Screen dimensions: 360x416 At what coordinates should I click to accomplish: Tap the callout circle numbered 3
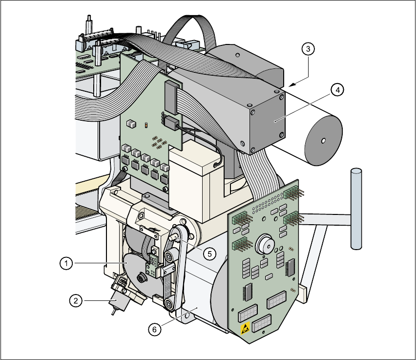coord(307,49)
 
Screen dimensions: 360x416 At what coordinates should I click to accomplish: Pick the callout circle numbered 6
coord(154,330)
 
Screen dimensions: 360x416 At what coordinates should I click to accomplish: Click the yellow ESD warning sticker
coord(246,327)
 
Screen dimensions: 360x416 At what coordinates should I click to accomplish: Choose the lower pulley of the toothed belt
coord(169,304)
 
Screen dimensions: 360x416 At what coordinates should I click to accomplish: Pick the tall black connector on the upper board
coord(170,96)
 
